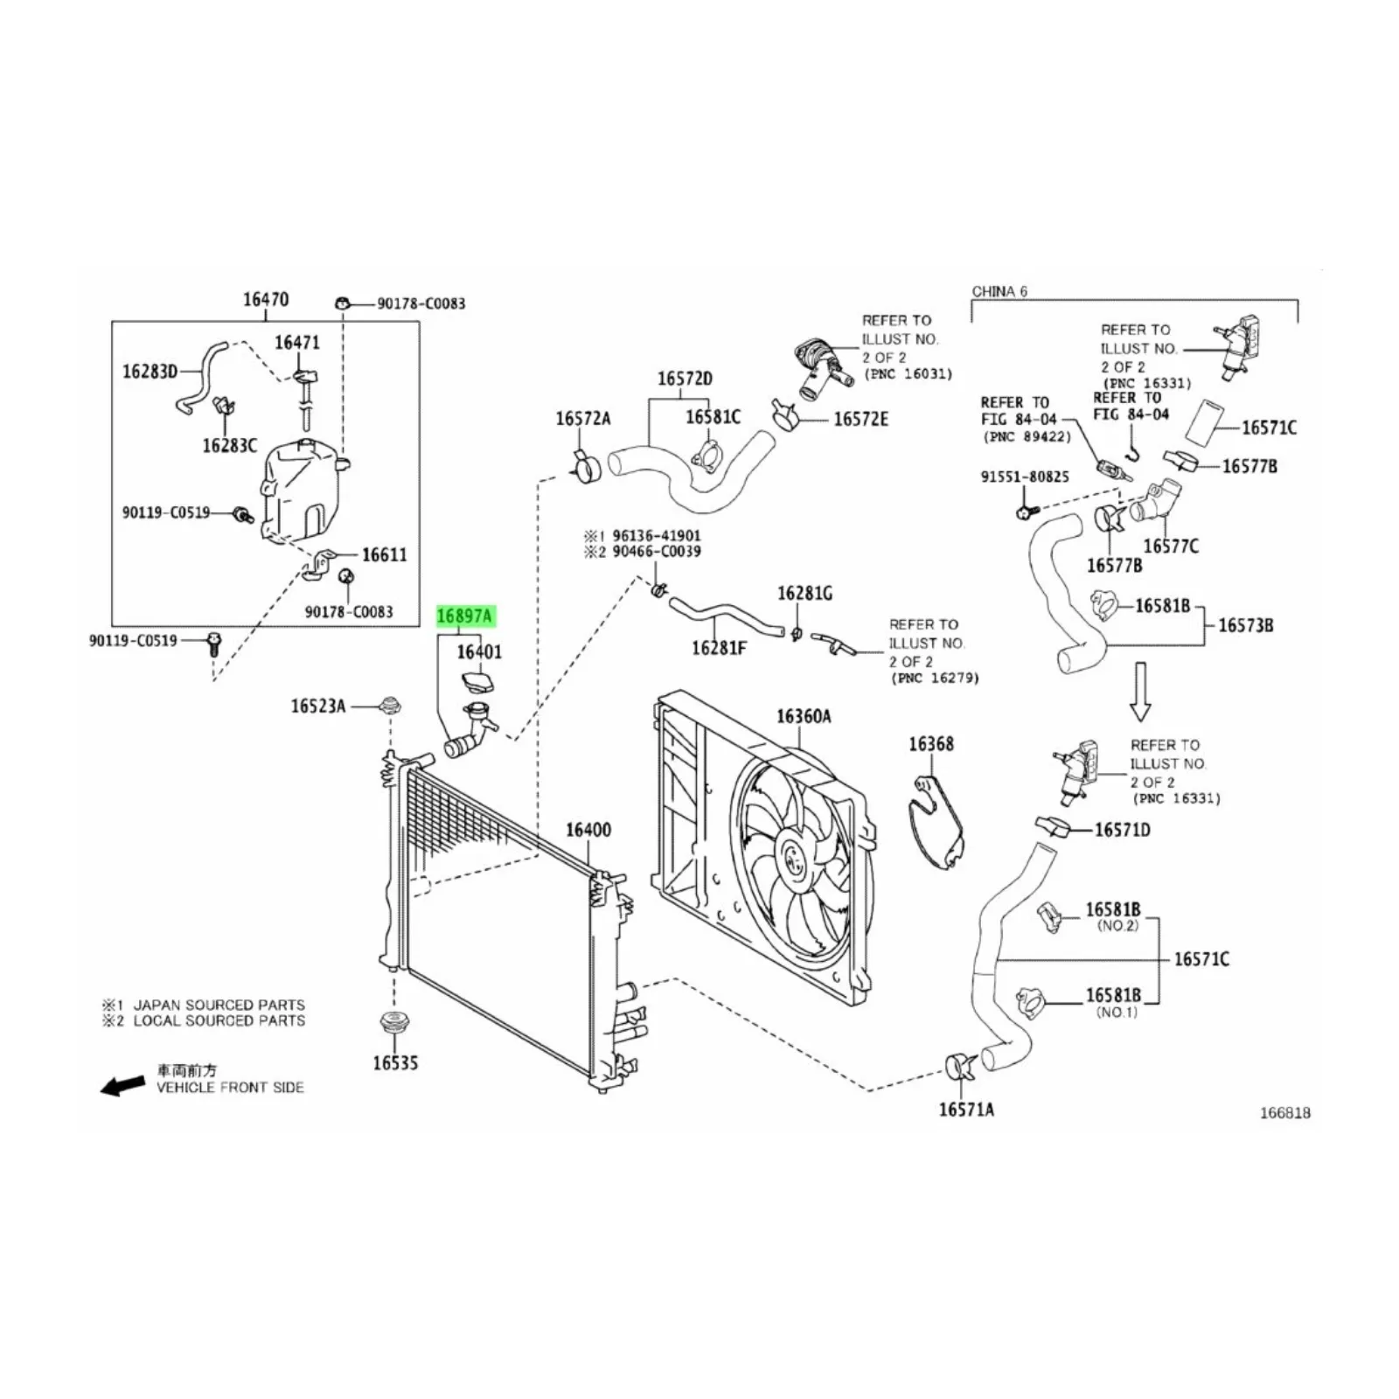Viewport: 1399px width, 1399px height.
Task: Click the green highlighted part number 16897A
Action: (464, 616)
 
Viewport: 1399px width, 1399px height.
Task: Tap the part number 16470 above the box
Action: (266, 300)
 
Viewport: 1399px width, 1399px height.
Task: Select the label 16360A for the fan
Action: (804, 717)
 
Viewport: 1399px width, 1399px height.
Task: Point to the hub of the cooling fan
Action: (793, 856)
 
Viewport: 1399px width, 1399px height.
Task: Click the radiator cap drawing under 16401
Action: (477, 682)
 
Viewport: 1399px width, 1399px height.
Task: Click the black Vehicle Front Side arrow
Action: (123, 1085)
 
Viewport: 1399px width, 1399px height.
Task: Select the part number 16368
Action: (931, 744)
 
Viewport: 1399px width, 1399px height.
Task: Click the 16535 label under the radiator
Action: (395, 1063)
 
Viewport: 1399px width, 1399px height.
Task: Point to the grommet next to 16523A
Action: (389, 704)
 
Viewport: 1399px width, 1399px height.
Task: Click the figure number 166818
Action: (1284, 1113)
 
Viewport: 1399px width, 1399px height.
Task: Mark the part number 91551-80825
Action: (1025, 477)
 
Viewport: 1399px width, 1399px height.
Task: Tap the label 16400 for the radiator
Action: (588, 830)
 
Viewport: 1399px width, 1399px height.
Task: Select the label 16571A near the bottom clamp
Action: (966, 1110)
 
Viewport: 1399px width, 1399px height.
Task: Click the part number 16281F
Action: (720, 648)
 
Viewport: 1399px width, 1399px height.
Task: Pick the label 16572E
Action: (860, 420)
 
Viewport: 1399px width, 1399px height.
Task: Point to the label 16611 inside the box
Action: (385, 555)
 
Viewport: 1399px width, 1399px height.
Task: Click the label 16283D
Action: (150, 372)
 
